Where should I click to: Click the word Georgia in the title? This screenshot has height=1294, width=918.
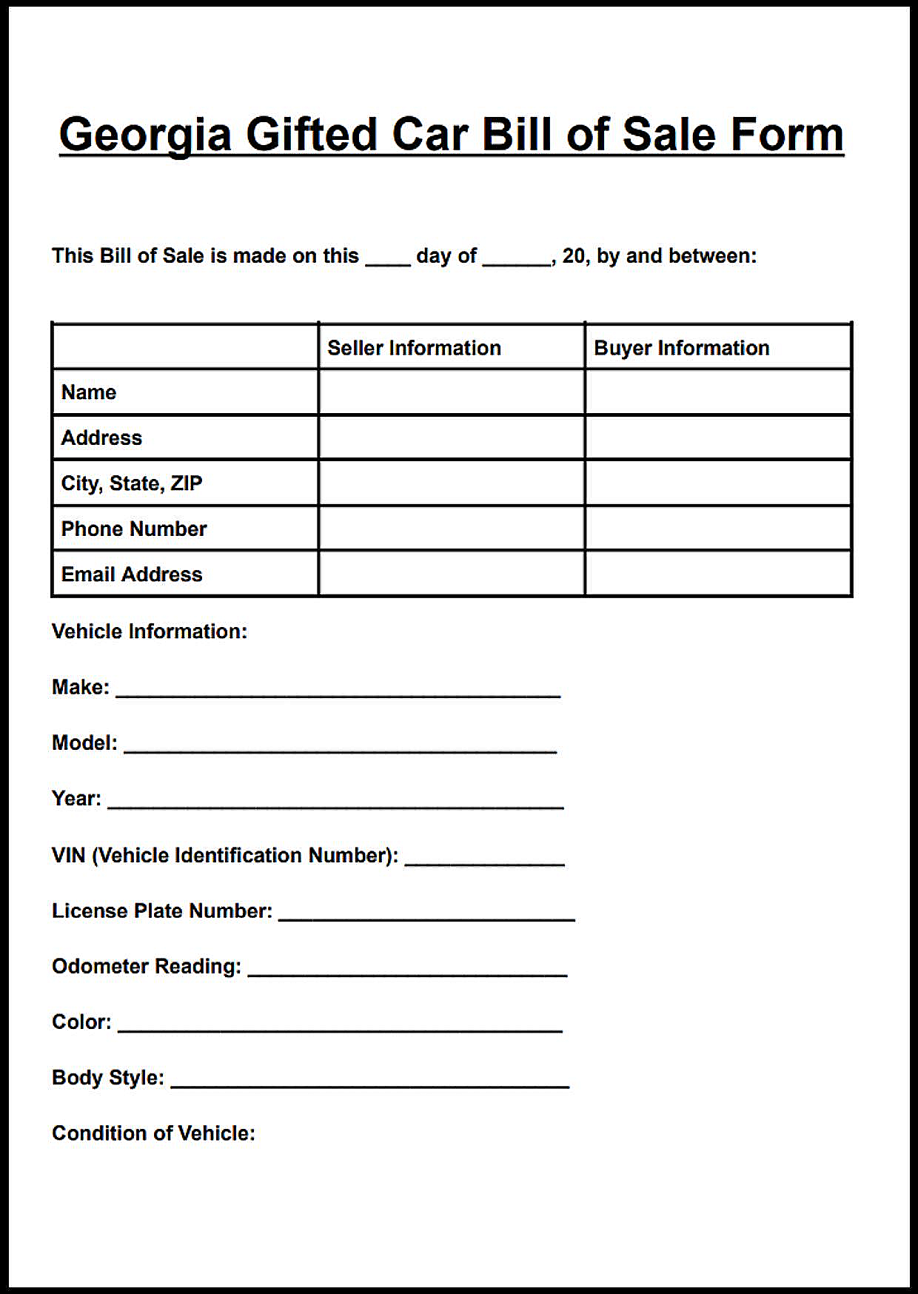click(145, 135)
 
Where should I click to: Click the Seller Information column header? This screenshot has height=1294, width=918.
click(414, 348)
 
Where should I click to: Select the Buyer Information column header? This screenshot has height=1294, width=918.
click(681, 348)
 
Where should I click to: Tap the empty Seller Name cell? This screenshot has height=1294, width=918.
click(452, 392)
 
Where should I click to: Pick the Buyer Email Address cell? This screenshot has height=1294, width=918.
click(717, 574)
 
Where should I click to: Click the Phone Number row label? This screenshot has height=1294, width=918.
click(134, 529)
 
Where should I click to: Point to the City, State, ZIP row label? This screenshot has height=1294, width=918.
click(132, 483)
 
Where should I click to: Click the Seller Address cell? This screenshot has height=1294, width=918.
click(452, 438)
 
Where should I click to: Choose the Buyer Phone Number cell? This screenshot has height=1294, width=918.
click(717, 529)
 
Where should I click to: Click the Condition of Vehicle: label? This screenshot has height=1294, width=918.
click(153, 1133)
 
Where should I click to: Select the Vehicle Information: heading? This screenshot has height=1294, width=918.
click(150, 631)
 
